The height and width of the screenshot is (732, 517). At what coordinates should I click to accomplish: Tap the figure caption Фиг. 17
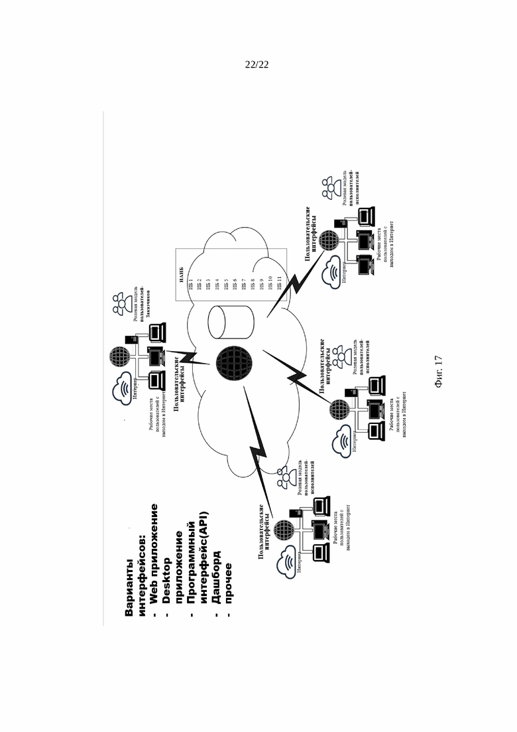[439, 372]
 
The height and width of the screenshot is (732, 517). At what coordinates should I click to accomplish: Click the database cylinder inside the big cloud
[226, 321]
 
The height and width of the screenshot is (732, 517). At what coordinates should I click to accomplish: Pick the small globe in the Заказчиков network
[123, 358]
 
